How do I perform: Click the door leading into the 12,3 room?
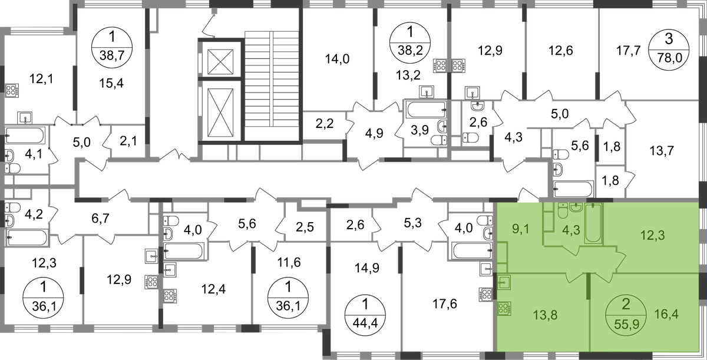point(619,259)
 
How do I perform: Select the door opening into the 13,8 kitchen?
point(574,277)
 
